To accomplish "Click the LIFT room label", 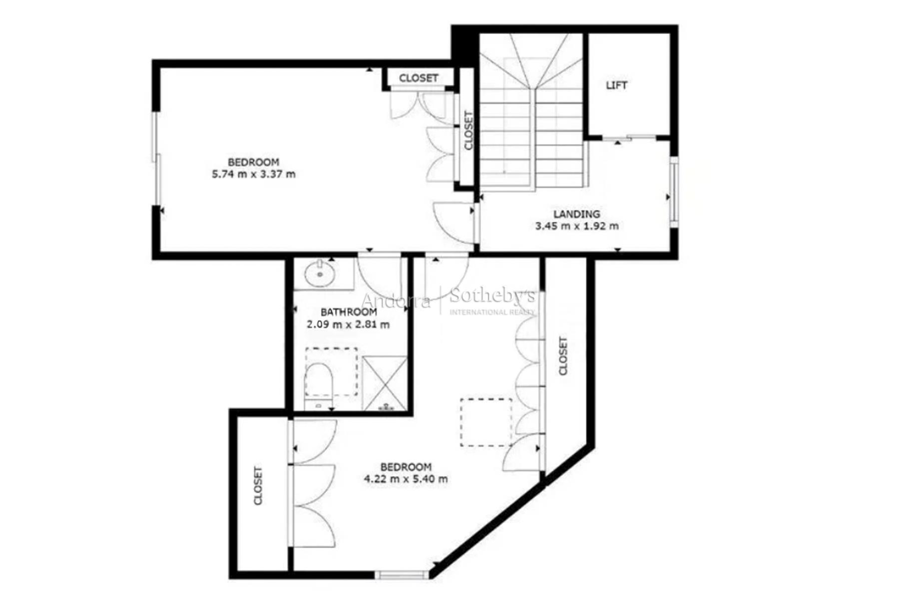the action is click(616, 85).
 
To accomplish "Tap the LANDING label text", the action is click(577, 214).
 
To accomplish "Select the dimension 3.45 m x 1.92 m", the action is click(577, 226).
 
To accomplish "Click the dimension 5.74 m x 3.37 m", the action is click(254, 174).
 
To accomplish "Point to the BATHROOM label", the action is click(349, 312).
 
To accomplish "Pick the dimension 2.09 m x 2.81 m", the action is click(348, 324).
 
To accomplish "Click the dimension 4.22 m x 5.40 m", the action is click(406, 479).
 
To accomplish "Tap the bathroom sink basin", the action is click(319, 274).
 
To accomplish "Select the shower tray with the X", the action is click(385, 383).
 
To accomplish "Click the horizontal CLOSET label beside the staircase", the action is click(419, 78).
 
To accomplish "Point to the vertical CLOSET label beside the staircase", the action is click(468, 130).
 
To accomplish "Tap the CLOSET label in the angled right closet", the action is click(563, 356).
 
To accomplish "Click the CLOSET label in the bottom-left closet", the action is click(258, 486).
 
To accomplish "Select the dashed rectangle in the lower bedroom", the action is click(486, 422).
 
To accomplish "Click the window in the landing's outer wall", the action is click(674, 192).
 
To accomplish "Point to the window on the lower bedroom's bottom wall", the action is click(402, 575).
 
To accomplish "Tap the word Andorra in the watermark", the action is click(396, 301).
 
